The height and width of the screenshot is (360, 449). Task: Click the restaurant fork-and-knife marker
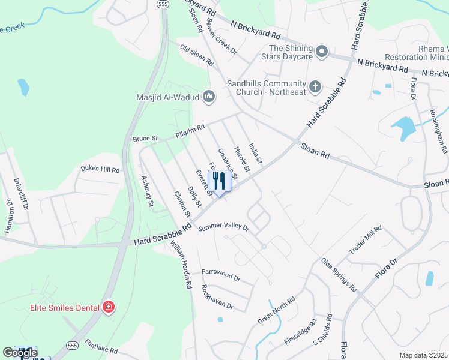[219, 181]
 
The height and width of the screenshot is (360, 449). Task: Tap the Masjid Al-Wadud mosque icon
[209, 96]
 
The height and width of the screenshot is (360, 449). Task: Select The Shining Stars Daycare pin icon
[321, 52]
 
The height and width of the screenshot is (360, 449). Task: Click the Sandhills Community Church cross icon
[315, 88]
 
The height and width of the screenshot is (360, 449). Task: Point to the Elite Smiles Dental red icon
[109, 308]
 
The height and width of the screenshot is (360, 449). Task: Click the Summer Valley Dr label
[223, 227]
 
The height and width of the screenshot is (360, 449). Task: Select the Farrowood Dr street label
[220, 278]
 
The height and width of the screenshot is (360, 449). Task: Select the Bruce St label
[145, 139]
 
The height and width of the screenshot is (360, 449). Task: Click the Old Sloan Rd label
[197, 53]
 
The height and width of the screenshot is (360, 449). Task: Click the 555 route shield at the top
[163, 4]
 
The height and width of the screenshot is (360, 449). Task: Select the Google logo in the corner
[19, 353]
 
